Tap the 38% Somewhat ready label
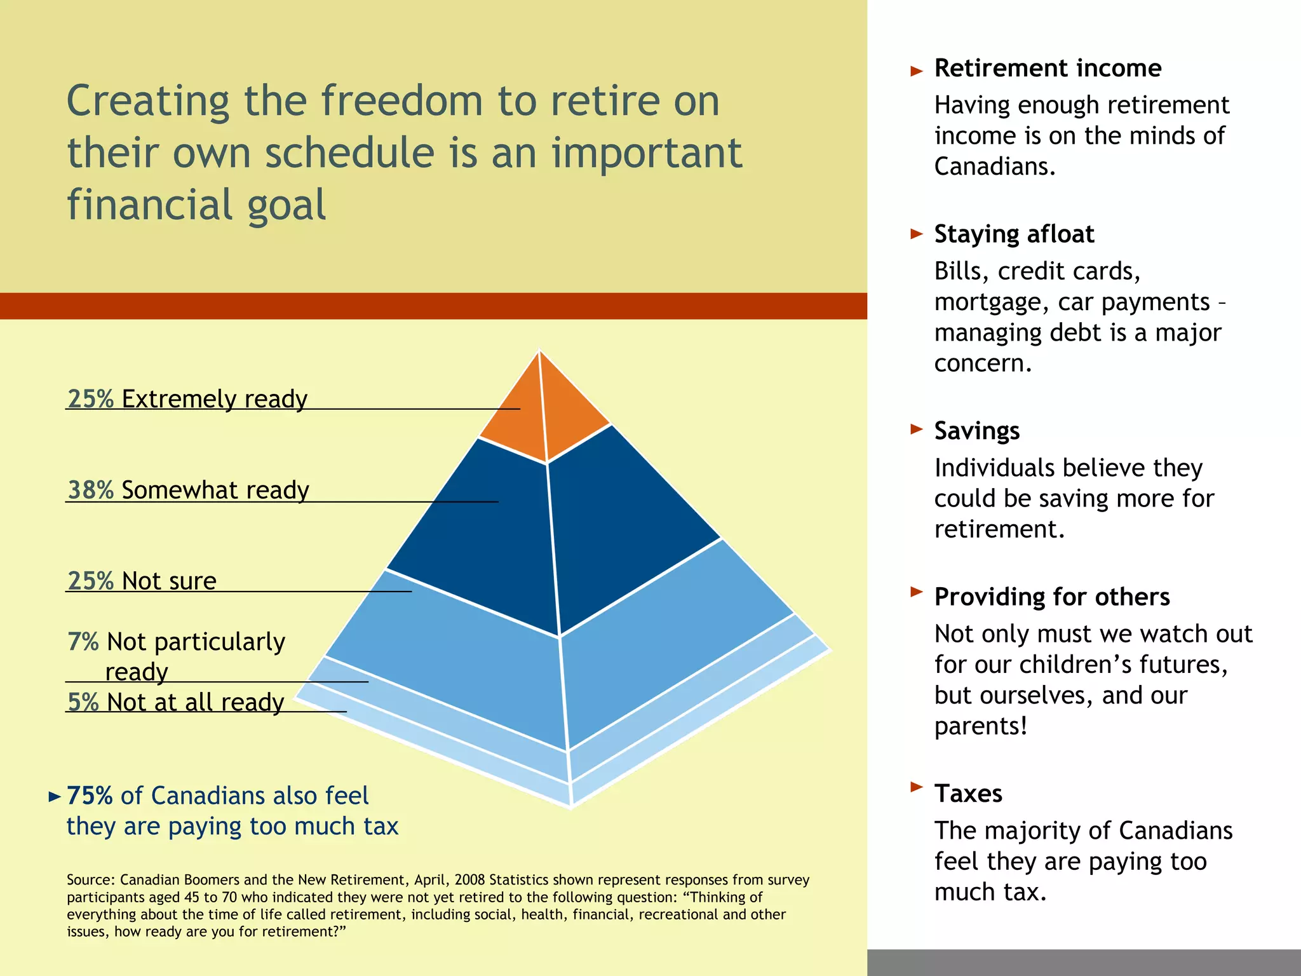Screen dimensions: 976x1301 point(188,490)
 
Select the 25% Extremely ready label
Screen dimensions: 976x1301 point(187,399)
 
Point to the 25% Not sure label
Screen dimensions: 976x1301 point(142,581)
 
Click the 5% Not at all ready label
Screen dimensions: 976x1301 point(176,702)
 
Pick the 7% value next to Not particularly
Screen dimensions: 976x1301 point(83,642)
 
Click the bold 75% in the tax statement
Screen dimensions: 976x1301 point(90,796)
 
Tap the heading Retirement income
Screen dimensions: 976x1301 point(1048,68)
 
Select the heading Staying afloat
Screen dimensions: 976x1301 point(1014,234)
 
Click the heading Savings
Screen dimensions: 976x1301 point(976,431)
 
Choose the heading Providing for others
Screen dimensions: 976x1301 point(1051,597)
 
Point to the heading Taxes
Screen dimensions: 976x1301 point(968,794)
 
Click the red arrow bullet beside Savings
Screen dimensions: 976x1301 point(916,429)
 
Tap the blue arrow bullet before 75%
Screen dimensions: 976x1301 point(55,796)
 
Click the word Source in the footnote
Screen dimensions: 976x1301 point(90,880)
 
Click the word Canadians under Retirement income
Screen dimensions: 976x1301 point(994,166)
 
